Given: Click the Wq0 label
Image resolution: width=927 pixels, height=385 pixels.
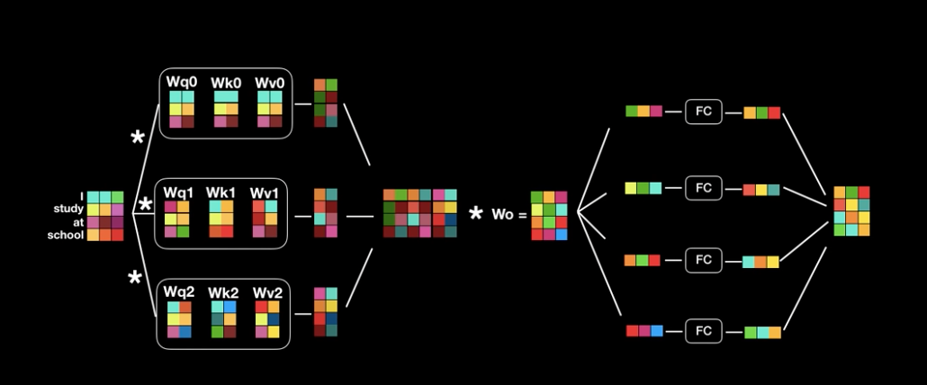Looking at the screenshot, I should coord(182,82).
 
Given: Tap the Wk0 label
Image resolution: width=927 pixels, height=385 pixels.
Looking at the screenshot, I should coord(227,82).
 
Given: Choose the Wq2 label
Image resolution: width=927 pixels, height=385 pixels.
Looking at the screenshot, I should coord(179,291).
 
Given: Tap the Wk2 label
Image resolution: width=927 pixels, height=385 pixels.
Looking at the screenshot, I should coord(223,291).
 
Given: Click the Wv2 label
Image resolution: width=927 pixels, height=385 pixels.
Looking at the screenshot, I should coord(267,291).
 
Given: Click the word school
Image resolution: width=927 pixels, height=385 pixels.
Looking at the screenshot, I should coord(67,235).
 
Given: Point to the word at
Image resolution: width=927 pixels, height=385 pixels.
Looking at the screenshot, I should coord(77,222).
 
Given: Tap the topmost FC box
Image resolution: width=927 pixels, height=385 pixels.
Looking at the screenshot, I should coord(703,112).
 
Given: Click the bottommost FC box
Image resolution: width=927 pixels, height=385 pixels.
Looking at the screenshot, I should coord(703,331).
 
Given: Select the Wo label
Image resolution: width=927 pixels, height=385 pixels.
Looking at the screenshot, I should coord(501,215).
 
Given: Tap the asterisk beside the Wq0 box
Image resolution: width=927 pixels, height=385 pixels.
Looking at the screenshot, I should coord(138,139).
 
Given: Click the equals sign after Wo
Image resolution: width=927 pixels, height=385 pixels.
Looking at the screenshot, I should coord(520,216).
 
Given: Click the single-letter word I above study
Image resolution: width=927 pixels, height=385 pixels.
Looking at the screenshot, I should coord(82,196).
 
